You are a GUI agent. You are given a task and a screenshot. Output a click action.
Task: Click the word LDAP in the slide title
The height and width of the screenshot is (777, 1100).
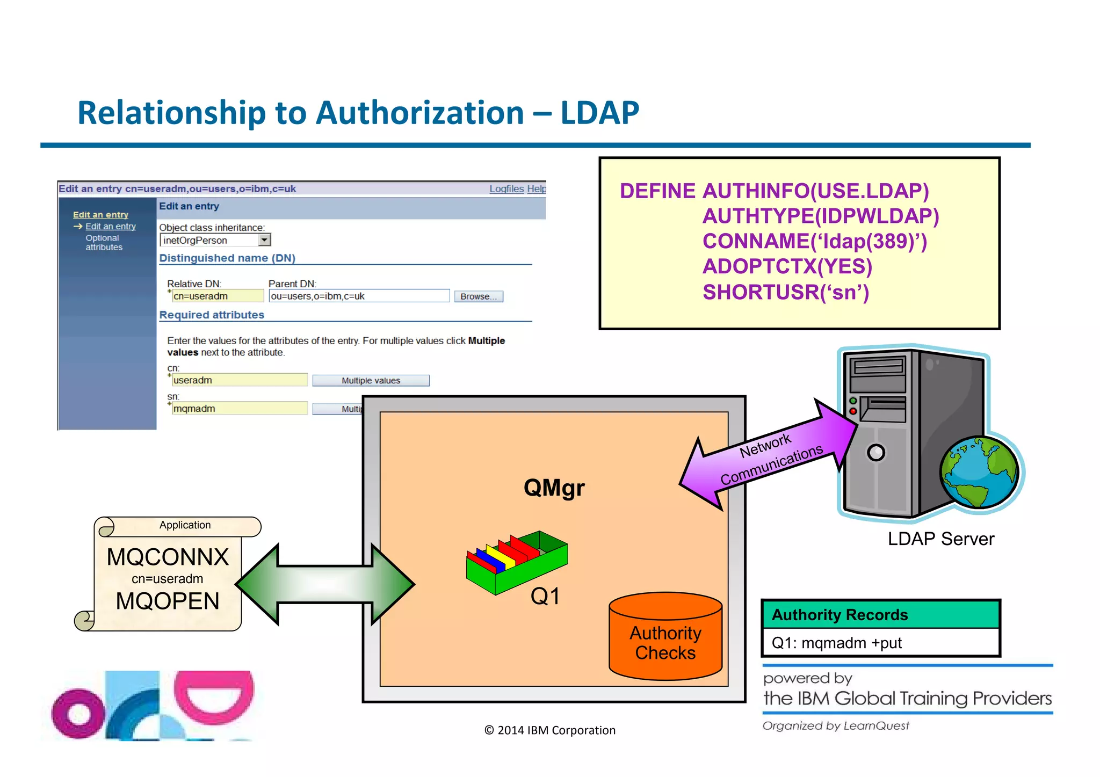(599, 113)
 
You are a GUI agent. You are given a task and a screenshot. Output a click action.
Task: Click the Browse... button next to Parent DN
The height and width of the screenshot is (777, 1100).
(478, 296)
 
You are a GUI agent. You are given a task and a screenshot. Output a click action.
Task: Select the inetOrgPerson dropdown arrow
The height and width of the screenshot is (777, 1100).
(264, 240)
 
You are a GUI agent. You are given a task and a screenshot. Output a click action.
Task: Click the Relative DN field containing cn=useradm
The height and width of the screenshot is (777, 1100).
(217, 296)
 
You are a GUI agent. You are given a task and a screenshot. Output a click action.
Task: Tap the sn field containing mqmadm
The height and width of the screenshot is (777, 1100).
(239, 409)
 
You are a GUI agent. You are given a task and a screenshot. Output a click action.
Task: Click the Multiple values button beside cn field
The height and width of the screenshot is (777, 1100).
(371, 381)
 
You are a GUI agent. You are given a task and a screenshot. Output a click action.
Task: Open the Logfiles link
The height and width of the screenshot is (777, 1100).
(506, 189)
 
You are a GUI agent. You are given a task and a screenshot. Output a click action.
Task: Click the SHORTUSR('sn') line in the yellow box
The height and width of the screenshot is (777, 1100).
(785, 293)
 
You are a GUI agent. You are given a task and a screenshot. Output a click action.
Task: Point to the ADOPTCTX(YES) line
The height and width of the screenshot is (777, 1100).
(787, 267)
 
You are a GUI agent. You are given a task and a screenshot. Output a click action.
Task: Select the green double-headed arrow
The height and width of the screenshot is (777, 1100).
(325, 584)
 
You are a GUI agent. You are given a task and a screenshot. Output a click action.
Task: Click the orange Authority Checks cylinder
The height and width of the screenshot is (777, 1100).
(665, 639)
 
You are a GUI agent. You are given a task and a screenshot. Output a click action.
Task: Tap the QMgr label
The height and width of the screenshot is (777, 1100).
(554, 488)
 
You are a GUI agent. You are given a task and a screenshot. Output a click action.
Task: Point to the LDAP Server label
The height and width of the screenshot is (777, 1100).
(940, 539)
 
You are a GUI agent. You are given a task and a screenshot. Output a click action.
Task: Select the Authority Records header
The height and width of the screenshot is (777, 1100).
(840, 615)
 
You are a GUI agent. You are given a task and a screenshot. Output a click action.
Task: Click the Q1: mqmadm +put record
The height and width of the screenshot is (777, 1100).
(836, 643)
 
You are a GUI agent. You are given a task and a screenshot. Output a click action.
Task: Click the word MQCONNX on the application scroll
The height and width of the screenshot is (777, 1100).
(168, 557)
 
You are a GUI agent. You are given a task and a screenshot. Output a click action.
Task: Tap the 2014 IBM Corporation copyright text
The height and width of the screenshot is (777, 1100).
(549, 730)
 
